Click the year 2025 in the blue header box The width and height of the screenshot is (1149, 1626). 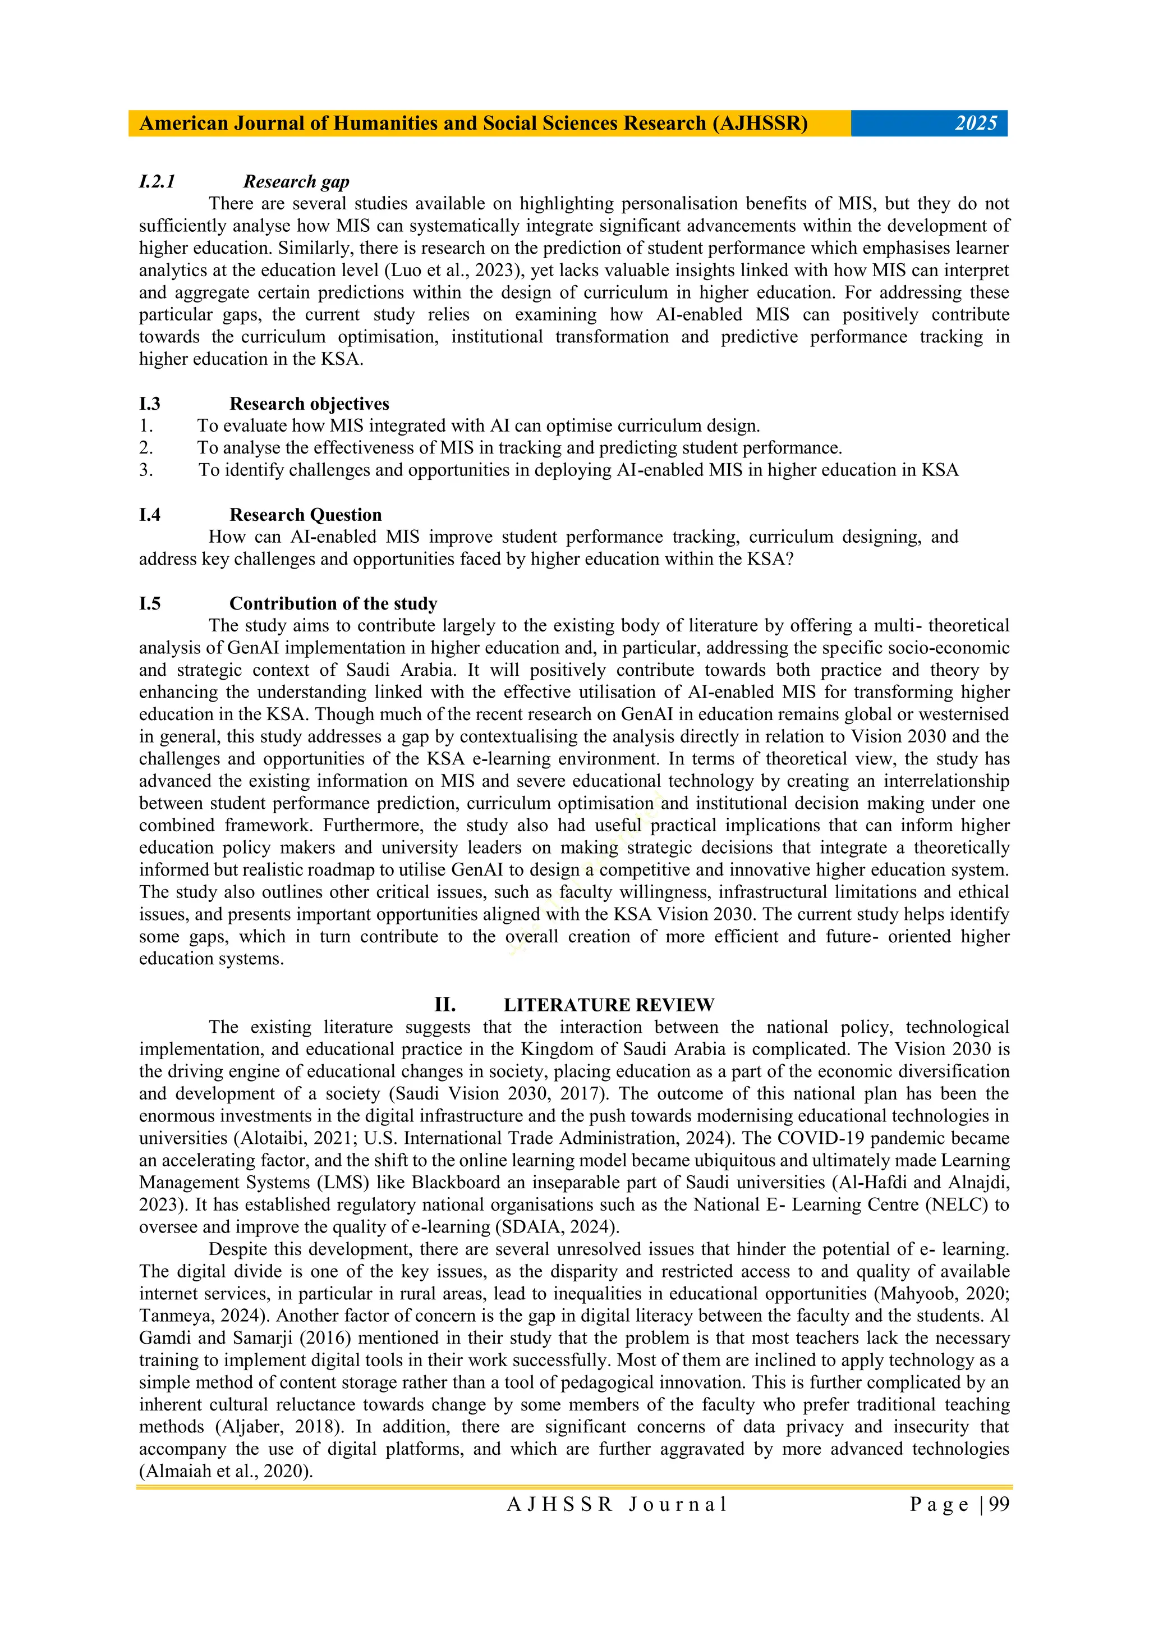click(976, 123)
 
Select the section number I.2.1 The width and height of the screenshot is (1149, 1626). click(157, 182)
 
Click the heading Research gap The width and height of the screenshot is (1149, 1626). click(296, 182)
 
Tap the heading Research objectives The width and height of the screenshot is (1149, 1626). click(309, 404)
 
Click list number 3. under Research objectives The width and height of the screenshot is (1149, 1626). click(146, 470)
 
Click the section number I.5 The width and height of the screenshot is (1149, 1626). click(150, 603)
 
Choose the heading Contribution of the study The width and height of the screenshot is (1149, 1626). click(333, 603)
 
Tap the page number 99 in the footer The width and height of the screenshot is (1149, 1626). click(998, 1505)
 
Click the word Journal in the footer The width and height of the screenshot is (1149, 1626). click(678, 1505)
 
